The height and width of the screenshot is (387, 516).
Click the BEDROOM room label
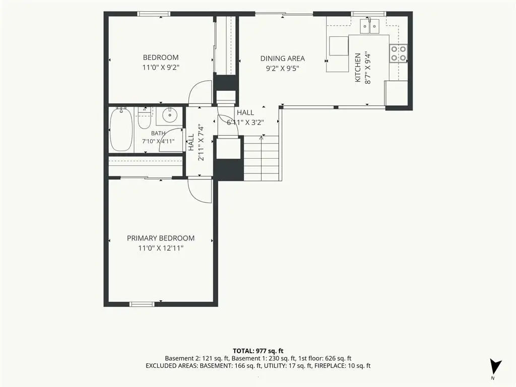click(x=161, y=57)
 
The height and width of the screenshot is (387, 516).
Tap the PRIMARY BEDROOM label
click(x=161, y=238)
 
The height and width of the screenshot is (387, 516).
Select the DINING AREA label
click(x=282, y=58)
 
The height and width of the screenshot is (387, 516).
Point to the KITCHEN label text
click(x=358, y=68)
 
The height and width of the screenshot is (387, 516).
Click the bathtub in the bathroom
click(x=121, y=130)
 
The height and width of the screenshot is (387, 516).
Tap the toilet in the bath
click(x=144, y=118)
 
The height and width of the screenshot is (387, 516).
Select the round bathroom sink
click(x=169, y=115)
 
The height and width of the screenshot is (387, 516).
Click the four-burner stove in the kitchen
click(x=398, y=53)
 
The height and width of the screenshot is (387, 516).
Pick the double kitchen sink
click(x=369, y=26)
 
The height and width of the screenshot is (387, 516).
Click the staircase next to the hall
click(x=262, y=158)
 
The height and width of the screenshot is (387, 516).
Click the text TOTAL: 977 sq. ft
click(x=258, y=351)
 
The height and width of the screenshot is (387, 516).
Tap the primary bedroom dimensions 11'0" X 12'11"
click(x=161, y=248)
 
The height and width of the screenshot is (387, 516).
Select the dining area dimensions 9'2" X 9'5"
click(x=282, y=69)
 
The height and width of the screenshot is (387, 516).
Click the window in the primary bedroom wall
click(x=142, y=304)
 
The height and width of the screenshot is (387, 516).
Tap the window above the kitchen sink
click(x=368, y=14)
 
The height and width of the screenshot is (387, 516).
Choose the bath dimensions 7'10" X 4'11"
click(x=158, y=141)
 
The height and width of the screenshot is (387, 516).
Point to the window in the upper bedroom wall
click(x=154, y=14)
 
